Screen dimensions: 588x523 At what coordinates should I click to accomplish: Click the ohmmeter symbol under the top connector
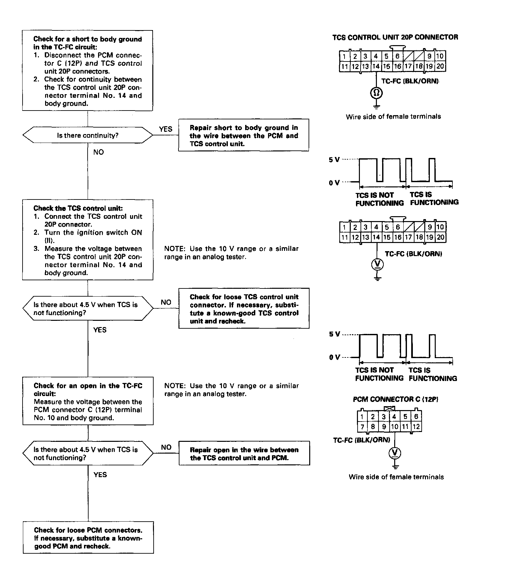[x=376, y=94]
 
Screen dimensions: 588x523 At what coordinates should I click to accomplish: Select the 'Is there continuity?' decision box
[x=88, y=135]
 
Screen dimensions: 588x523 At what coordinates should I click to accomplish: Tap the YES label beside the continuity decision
[x=166, y=129]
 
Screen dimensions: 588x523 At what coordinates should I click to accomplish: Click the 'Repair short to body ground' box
[x=244, y=135]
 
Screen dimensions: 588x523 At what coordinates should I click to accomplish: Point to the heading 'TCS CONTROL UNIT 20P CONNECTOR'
[x=395, y=37]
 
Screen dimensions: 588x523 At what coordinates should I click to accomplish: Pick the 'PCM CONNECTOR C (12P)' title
[x=396, y=399]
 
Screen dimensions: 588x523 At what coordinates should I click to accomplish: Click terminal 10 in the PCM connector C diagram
[x=395, y=426]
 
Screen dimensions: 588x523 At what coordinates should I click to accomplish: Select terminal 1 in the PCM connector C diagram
[x=362, y=417]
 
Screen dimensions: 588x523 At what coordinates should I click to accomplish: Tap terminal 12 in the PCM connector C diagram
[x=416, y=426]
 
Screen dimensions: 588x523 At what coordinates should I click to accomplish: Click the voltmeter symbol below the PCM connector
[x=395, y=453]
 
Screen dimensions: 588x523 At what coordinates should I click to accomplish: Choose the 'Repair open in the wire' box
[x=244, y=453]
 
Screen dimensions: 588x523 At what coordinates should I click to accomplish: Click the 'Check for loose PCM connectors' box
[x=88, y=538]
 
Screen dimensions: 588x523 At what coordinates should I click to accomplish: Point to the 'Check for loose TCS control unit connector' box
[x=244, y=308]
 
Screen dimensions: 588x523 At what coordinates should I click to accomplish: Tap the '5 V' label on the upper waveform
[x=334, y=160]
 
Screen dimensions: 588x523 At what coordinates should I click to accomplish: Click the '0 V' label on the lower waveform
[x=334, y=357]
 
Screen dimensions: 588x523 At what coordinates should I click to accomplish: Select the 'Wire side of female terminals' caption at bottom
[x=396, y=477]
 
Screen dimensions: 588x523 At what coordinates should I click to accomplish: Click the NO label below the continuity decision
[x=98, y=152]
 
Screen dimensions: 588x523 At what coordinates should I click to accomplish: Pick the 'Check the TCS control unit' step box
[x=88, y=240]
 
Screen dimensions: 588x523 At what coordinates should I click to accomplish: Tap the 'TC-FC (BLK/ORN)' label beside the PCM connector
[x=362, y=440]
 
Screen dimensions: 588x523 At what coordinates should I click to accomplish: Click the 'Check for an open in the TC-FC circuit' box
[x=88, y=401]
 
